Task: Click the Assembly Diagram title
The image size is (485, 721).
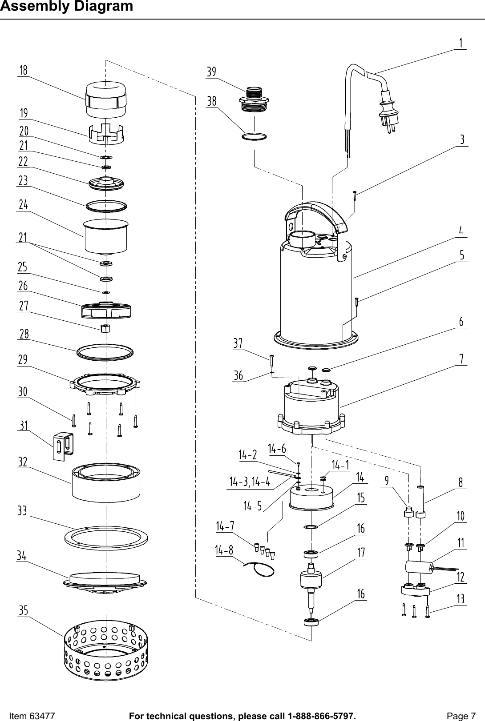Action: [66, 7]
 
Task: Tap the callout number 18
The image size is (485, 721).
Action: [23, 70]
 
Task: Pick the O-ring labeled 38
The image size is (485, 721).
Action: [254, 136]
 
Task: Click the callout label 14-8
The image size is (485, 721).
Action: [224, 550]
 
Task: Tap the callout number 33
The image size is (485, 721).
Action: [22, 511]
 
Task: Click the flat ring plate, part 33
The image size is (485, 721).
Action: [106, 537]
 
